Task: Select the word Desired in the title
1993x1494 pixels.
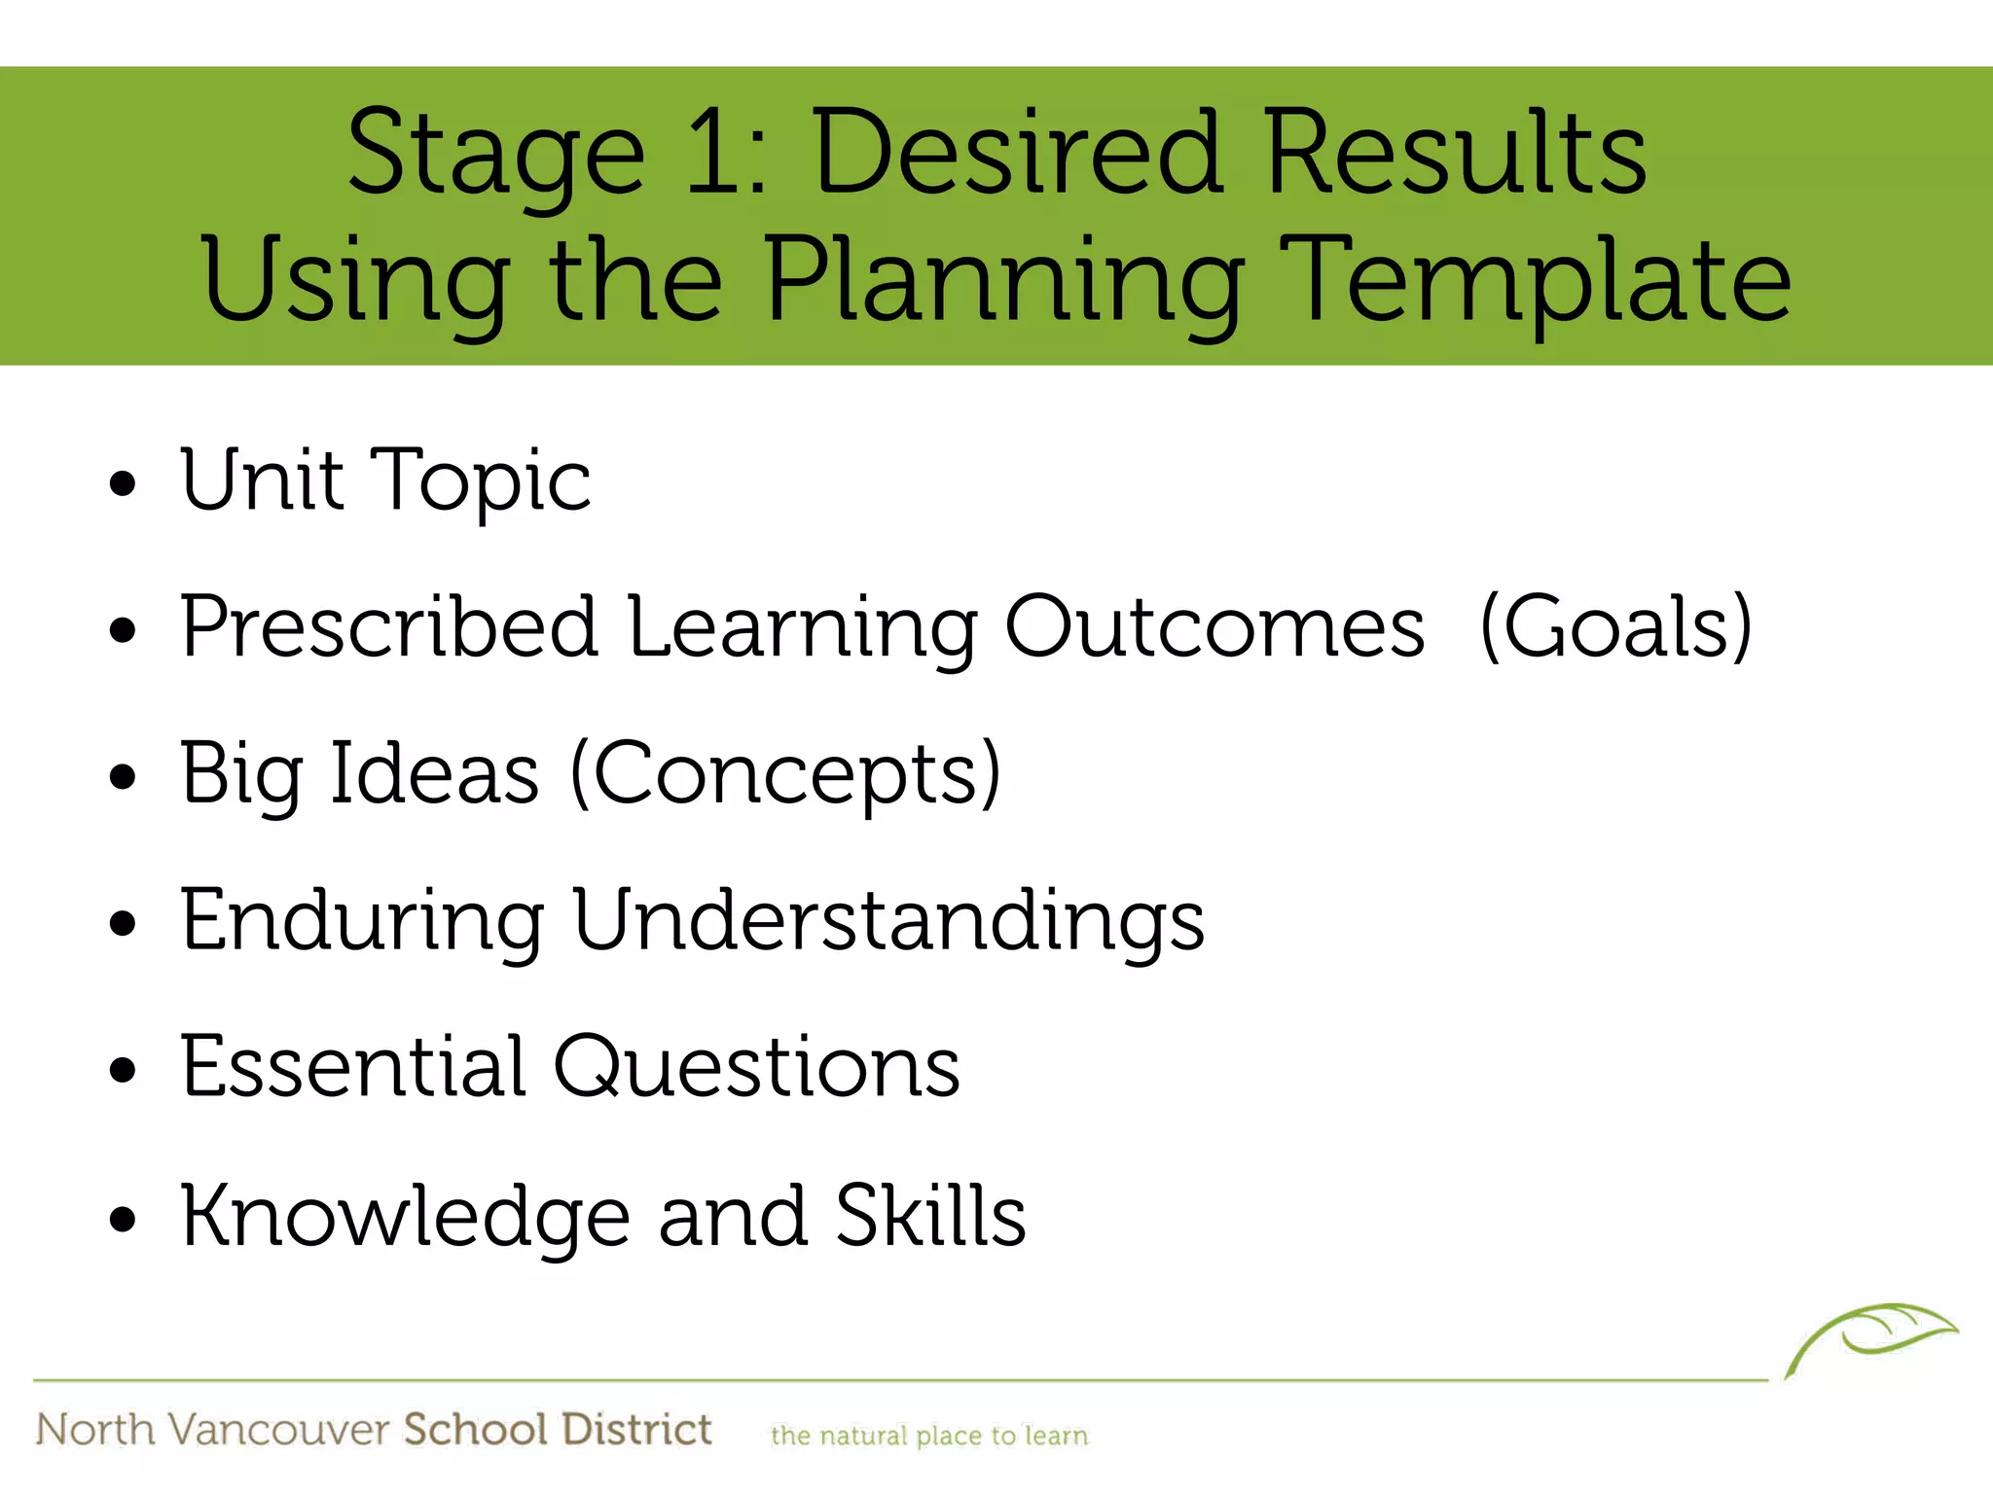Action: click(x=1017, y=153)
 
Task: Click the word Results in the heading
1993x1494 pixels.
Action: click(x=1456, y=153)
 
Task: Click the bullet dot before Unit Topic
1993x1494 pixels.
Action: click(x=124, y=483)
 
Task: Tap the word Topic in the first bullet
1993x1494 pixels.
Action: click(x=482, y=480)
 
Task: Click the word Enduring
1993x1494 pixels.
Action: click(x=362, y=922)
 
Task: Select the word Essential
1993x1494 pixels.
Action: click(x=354, y=1067)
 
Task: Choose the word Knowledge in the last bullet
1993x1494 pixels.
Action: click(x=406, y=1217)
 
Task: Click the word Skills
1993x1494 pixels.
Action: click(x=930, y=1215)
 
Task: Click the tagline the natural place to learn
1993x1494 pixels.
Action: click(x=929, y=1436)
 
